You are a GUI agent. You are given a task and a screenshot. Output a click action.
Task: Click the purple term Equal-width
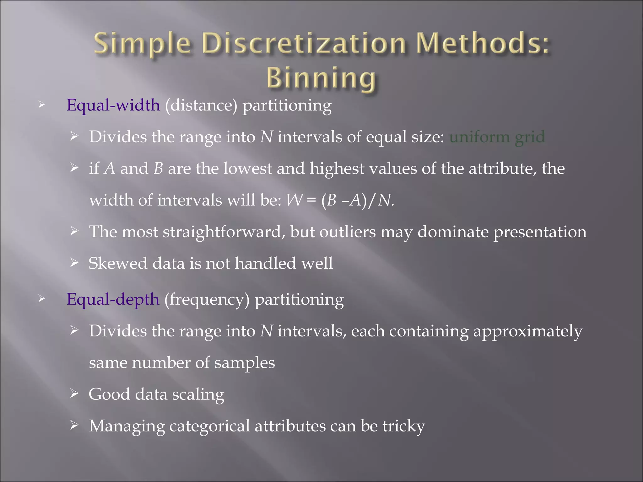click(x=113, y=105)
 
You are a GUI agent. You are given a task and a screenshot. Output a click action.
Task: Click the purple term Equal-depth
click(x=113, y=299)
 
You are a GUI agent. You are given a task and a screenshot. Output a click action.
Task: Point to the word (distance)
click(x=201, y=105)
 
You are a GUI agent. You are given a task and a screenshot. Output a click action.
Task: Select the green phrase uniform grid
click(x=497, y=137)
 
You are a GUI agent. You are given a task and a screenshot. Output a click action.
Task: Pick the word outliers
click(x=348, y=232)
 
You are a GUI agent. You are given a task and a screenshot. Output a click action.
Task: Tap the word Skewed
click(x=118, y=263)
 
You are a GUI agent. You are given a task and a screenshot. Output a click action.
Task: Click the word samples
click(x=245, y=363)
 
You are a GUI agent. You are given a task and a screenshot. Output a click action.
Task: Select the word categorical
click(x=209, y=426)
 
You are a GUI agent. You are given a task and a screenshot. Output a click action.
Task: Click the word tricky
click(x=403, y=426)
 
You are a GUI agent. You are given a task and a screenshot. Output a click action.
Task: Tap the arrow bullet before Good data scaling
click(x=74, y=393)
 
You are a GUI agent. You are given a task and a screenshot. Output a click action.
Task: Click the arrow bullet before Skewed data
click(x=74, y=262)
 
